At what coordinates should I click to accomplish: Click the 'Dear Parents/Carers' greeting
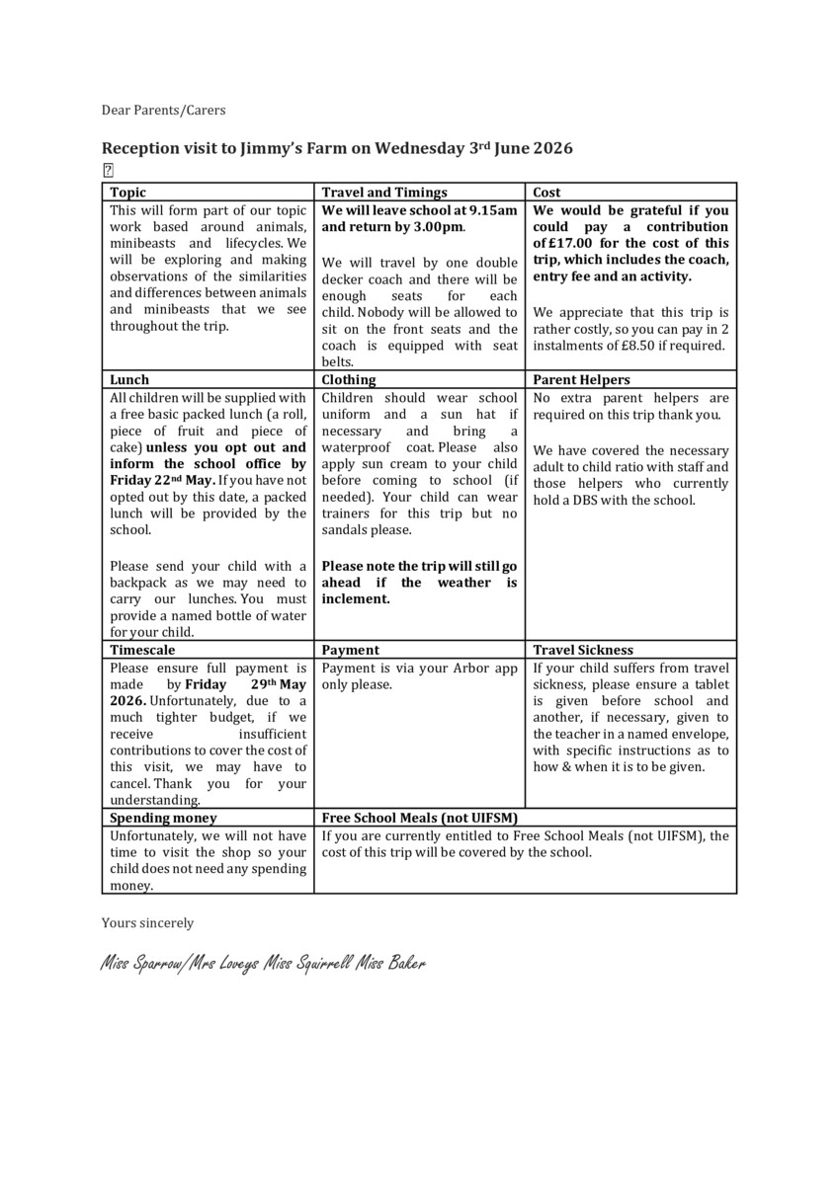(163, 110)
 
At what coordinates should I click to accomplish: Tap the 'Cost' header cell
(546, 193)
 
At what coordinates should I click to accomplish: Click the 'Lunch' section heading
(129, 379)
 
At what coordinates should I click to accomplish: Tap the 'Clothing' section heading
(349, 379)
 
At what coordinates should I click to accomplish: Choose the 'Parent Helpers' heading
(581, 379)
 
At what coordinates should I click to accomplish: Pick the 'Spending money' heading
(163, 818)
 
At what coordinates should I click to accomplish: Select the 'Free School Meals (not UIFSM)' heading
(420, 818)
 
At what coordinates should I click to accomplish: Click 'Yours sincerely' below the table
(147, 923)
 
